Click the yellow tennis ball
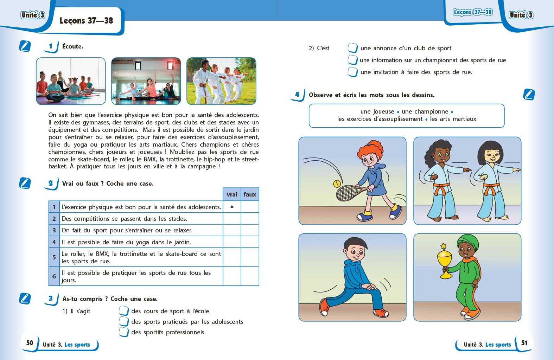[x=337, y=184]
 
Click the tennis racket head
[x=347, y=193]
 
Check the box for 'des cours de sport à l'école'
[x=124, y=311]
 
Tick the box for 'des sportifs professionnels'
[x=124, y=332]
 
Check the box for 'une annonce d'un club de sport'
[x=352, y=48]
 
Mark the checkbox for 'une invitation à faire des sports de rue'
[x=352, y=72]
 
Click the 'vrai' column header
[x=232, y=194]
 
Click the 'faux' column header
[x=250, y=194]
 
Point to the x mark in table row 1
[x=232, y=207]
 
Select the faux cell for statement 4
[x=250, y=242]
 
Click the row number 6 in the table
[x=54, y=276]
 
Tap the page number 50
[x=30, y=343]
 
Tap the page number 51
[x=524, y=343]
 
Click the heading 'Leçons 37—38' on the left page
[x=86, y=21]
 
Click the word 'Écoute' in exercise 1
[x=72, y=46]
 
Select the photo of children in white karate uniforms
[x=221, y=81]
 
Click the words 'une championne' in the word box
[x=425, y=111]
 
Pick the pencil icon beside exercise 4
[x=529, y=95]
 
